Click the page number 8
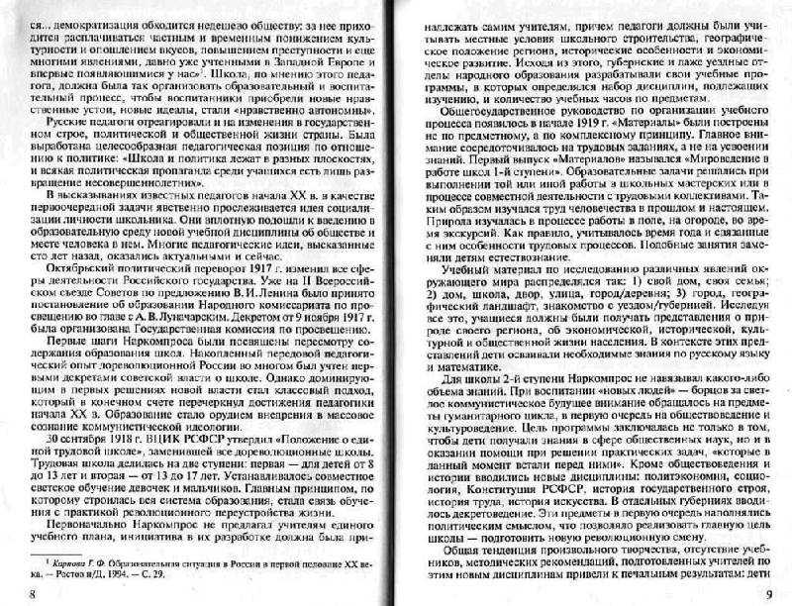pos(8,592)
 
